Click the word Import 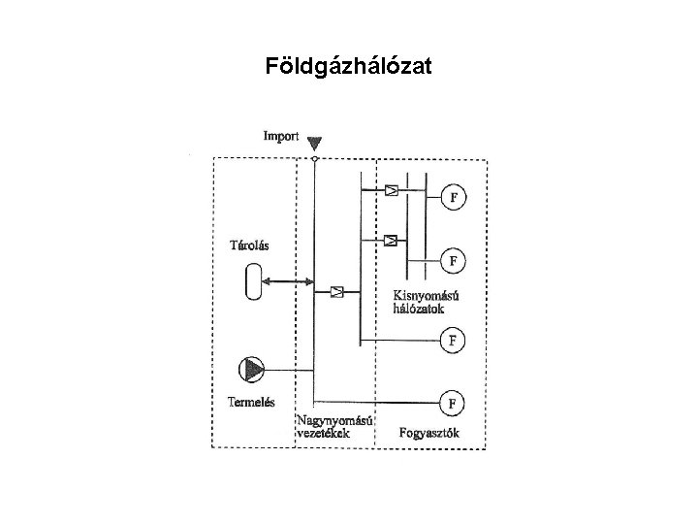tap(281, 137)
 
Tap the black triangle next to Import tap(314, 144)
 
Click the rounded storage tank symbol tap(253, 283)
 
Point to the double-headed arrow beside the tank tap(289, 283)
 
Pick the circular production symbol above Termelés tap(252, 370)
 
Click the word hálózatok tap(419, 309)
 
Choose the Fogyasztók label tap(428, 433)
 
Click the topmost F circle tap(453, 198)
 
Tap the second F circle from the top tap(453, 260)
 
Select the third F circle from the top tap(453, 341)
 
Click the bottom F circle tap(453, 400)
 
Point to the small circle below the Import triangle tap(314, 158)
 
